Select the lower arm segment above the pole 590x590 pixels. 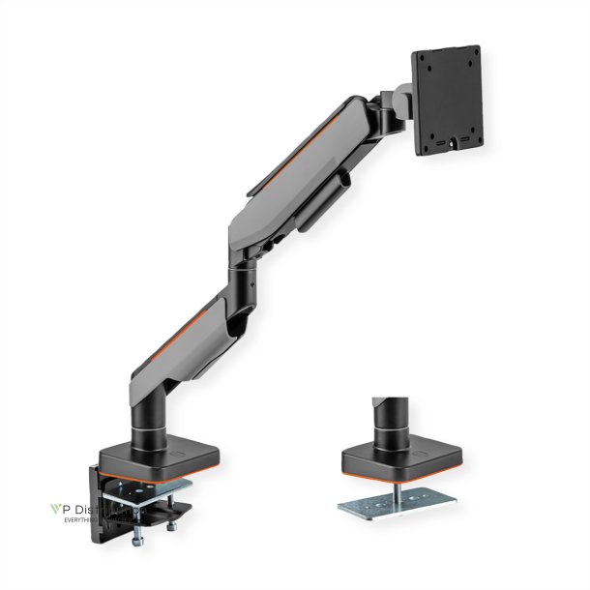click(189, 334)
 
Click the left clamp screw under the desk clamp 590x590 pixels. click(140, 528)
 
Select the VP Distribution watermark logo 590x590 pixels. click(92, 510)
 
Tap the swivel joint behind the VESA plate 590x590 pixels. click(392, 106)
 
